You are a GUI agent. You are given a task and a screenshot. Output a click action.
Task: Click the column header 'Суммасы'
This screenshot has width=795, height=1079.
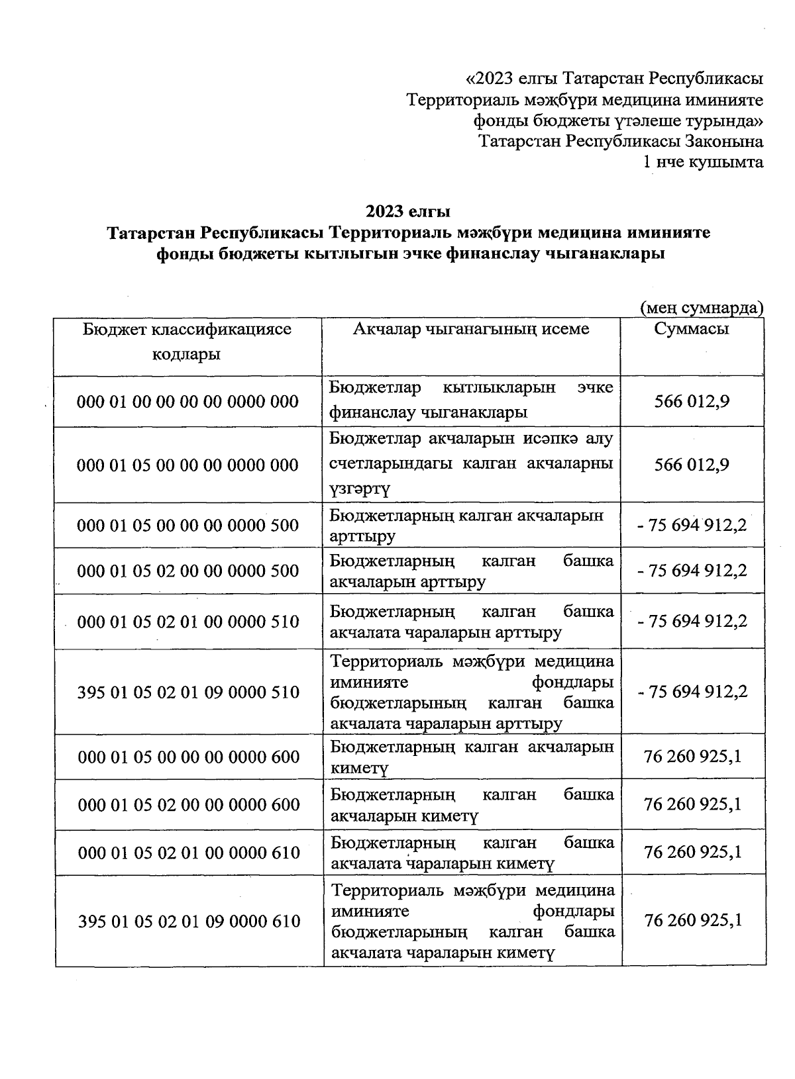(x=692, y=330)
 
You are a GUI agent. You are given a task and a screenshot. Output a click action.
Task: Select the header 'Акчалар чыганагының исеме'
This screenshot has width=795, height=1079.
(x=471, y=330)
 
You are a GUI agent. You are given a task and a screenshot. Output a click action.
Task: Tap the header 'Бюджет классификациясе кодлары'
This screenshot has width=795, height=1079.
(x=187, y=342)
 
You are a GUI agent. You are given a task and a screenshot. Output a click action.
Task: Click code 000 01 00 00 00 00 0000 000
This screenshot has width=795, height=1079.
(x=187, y=402)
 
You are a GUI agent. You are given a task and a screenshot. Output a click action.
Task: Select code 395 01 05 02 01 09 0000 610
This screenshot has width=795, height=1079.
(x=189, y=921)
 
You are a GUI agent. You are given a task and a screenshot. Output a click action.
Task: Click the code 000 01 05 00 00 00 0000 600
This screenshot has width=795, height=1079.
(x=189, y=757)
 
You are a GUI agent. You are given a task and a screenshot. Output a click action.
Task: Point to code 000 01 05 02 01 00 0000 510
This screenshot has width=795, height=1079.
(x=188, y=622)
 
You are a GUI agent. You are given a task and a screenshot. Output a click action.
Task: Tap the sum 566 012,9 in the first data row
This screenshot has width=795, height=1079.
(x=692, y=402)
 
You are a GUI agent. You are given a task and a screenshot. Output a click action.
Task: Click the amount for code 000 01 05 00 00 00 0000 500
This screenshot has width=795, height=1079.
(x=692, y=526)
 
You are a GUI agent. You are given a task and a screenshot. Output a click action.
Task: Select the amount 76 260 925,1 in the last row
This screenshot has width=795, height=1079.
(x=692, y=920)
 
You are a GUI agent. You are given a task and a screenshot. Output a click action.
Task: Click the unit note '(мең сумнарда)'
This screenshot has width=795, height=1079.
(x=701, y=308)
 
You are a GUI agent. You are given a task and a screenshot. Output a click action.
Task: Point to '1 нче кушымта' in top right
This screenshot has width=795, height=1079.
(x=704, y=162)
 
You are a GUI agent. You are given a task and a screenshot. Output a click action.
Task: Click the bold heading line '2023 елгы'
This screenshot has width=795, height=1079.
(x=408, y=212)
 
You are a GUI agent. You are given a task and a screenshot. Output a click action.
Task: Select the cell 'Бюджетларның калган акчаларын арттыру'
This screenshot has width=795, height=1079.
(x=466, y=526)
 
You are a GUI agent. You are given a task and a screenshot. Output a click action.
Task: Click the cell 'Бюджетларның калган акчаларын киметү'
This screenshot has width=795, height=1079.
(x=471, y=757)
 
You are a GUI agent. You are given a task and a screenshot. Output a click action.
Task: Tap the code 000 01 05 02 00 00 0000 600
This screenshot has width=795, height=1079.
(x=189, y=804)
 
